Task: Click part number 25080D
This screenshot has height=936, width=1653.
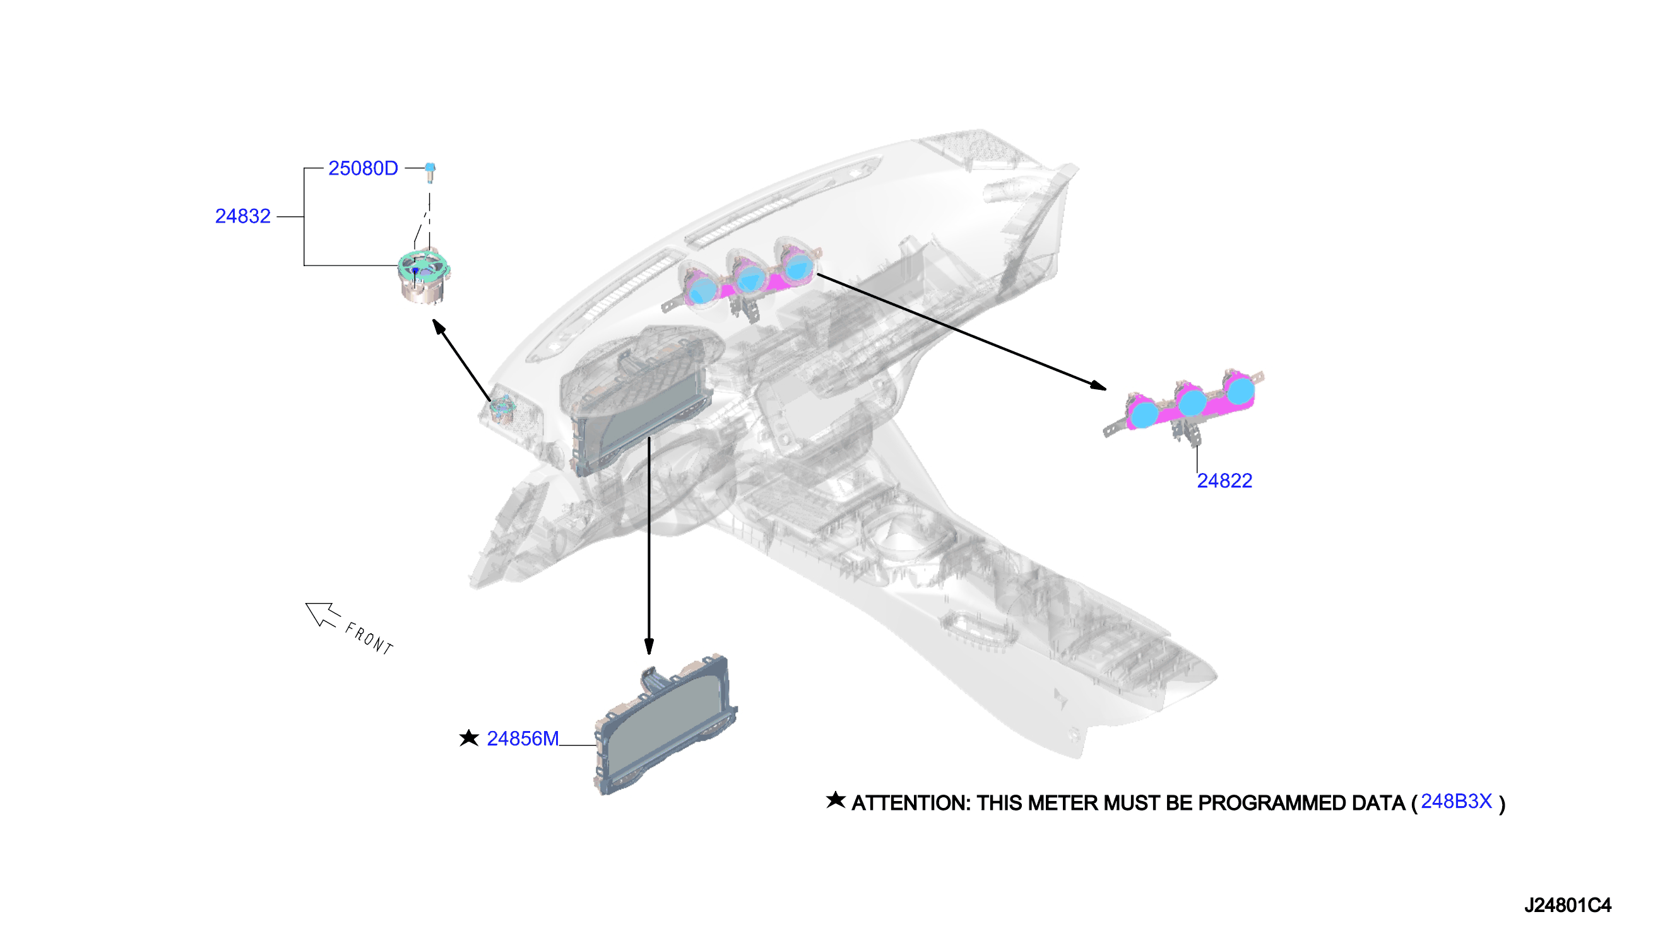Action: [x=363, y=168]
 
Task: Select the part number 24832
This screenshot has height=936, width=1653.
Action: [x=242, y=216]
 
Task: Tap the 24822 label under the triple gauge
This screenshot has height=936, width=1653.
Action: [x=1224, y=481]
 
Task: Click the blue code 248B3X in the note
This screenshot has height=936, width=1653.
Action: [x=1456, y=802]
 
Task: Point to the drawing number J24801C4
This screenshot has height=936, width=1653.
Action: [x=1567, y=906]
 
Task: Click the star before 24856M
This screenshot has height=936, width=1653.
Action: [x=469, y=738]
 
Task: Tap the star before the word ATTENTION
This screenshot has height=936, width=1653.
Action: [x=836, y=800]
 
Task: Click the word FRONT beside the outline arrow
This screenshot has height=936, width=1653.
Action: [x=369, y=638]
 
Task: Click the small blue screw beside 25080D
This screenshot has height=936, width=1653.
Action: [x=430, y=172]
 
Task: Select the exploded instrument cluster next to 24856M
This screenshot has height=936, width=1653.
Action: [x=665, y=725]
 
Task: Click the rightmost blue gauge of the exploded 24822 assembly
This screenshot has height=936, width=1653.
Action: [x=1241, y=390]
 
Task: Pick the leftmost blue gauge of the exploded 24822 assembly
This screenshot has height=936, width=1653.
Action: [x=1144, y=414]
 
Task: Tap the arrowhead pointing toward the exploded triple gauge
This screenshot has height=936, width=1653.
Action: [x=1098, y=386]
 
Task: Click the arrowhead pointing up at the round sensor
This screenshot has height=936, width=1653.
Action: [x=439, y=327]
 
